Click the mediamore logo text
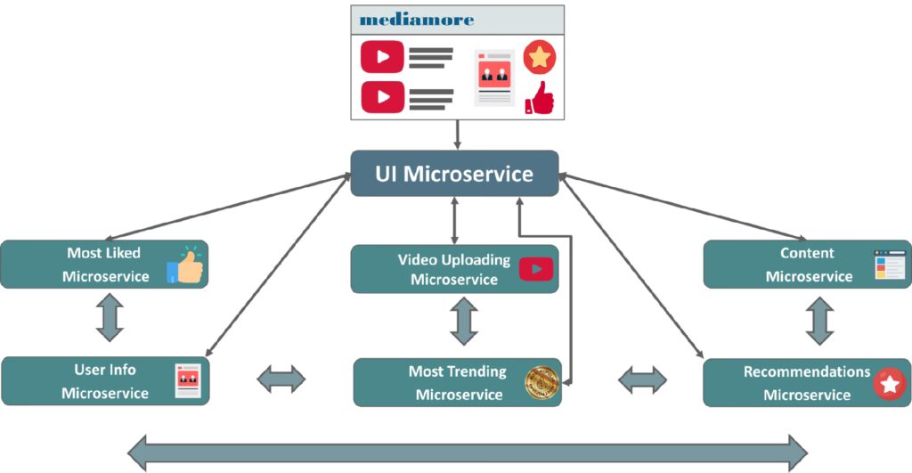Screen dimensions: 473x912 point(417,19)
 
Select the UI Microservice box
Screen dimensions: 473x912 point(454,173)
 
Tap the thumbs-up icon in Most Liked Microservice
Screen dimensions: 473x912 point(185,265)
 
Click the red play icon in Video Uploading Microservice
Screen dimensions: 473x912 point(536,268)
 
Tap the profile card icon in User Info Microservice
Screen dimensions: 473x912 point(188,379)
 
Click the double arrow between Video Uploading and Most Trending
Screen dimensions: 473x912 point(463,322)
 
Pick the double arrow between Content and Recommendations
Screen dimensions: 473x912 point(818,320)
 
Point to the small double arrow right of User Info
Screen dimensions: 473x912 point(281,380)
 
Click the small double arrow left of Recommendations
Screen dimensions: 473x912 point(642,380)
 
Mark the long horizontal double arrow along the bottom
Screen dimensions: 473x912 point(468,452)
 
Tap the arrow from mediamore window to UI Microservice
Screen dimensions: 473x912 point(456,135)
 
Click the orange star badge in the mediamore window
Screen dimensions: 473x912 point(539,57)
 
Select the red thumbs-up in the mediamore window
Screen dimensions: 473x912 point(540,98)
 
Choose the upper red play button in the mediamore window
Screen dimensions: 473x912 point(382,57)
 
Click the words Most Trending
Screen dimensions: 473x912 point(457,371)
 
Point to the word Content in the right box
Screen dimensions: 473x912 point(807,253)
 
